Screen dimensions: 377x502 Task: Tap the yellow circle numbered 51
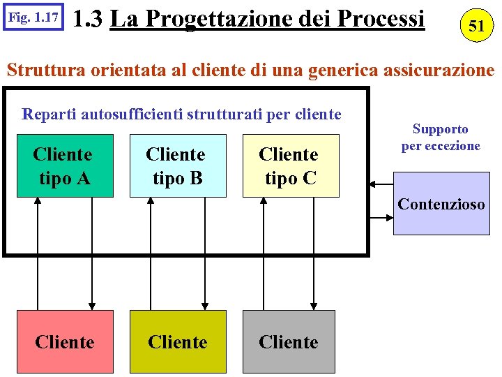coord(476,26)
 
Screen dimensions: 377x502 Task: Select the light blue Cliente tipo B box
coord(178,165)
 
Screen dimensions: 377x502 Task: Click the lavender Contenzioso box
coord(441,205)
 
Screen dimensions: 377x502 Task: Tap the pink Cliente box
coord(65,341)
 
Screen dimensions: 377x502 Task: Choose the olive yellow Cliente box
coord(178,341)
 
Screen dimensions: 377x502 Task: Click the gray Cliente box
coord(289,341)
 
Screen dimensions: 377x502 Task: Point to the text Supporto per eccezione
coord(441,138)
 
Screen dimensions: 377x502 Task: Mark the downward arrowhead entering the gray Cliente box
coord(314,305)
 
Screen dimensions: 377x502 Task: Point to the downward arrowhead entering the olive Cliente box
coord(204,305)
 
